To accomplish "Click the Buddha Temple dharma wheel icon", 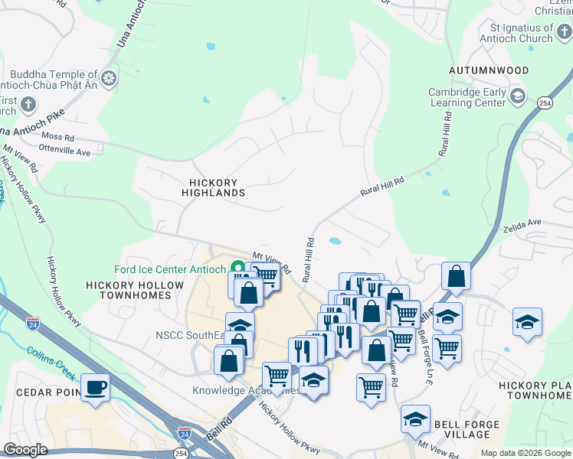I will click(109, 78).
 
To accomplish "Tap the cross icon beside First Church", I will click(28, 104).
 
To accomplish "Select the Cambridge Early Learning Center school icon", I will click(518, 96).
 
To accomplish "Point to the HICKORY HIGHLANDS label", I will click(214, 188).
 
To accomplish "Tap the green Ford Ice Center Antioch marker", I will click(237, 269).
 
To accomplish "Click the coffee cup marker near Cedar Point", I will click(95, 386).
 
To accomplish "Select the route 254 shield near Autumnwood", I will click(545, 103).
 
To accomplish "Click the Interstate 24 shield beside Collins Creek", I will click(32, 324).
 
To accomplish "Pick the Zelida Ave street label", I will click(522, 223).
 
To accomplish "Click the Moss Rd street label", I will click(58, 138).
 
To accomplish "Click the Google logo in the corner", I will click(26, 450).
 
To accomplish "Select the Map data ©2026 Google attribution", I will click(525, 453).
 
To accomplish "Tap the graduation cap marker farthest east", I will click(527, 321).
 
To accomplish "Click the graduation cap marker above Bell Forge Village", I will click(414, 418).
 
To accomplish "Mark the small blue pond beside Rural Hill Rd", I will click(335, 241).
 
